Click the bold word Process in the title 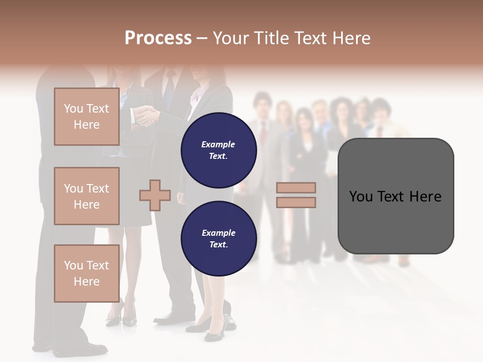pos(158,38)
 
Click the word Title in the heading pos(271,38)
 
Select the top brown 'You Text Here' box pos(87,117)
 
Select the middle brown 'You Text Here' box pos(87,196)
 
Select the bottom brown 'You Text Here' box pos(87,273)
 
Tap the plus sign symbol pos(155,195)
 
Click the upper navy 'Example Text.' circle pos(219,150)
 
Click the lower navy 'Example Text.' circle pos(219,239)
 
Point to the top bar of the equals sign pos(296,188)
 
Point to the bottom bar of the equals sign pos(296,202)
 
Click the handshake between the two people pos(145,116)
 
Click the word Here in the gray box pos(425,197)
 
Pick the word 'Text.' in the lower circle pos(219,244)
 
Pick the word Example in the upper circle pos(218,144)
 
